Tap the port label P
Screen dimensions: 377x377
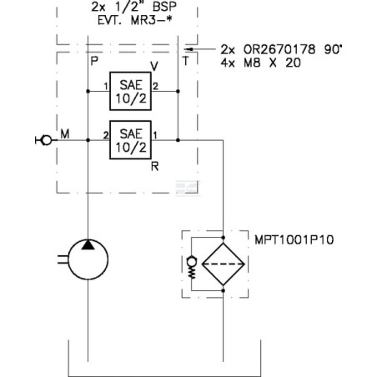pos(94,61)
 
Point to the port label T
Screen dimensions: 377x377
pos(186,61)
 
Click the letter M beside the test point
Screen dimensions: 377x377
pos(65,134)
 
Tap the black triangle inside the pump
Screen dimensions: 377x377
pos(88,245)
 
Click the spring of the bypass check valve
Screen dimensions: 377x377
pos(192,272)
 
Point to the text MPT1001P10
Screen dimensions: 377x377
pos(294,240)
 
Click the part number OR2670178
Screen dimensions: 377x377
pos(279,50)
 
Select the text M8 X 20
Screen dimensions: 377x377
pos(273,63)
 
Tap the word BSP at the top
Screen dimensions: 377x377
pos(164,7)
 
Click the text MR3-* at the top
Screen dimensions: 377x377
pos(151,20)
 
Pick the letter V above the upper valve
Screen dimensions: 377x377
pos(154,66)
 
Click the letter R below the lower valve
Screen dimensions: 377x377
pos(155,167)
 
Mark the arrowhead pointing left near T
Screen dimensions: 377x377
pos(189,49)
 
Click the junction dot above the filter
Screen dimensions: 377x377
pos(223,238)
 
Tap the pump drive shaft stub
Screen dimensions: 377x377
pos(63,259)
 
